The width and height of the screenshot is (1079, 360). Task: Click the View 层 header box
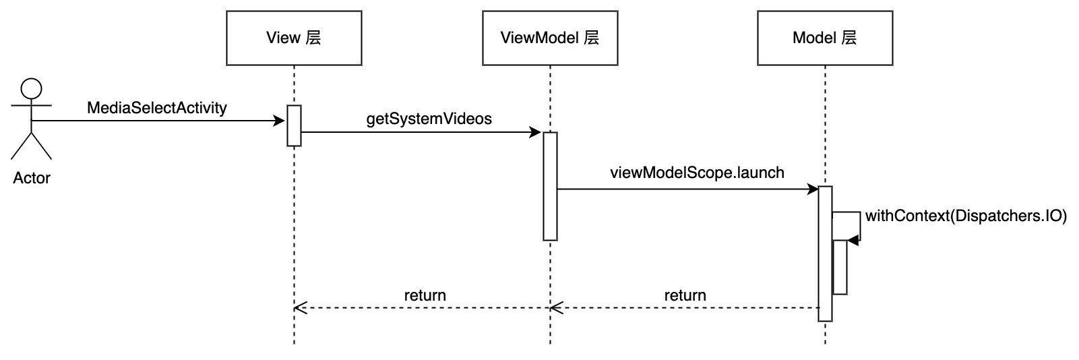294,38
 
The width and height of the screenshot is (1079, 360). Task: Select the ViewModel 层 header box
550,38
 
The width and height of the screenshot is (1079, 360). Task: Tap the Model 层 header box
825,38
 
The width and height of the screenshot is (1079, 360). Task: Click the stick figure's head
31,89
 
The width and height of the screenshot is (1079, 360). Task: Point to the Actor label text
32,178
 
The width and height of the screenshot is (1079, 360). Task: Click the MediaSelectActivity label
157,108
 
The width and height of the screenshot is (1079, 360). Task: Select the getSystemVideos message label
429,119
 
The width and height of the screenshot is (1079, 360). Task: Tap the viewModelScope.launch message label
697,173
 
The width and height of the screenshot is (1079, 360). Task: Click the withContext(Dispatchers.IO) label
966,216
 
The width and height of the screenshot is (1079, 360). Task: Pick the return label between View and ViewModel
425,295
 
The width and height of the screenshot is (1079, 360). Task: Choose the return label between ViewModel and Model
685,295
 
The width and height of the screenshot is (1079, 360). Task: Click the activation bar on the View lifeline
294,125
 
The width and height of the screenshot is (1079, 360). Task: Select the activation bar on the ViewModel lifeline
550,186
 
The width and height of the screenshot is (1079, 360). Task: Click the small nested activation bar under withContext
840,267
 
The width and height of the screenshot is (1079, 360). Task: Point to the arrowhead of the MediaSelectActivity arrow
280,121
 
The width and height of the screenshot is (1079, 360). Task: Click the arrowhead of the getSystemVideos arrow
537,132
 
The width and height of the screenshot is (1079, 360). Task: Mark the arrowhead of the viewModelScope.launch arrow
812,189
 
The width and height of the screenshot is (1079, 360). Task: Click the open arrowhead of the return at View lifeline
299,307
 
